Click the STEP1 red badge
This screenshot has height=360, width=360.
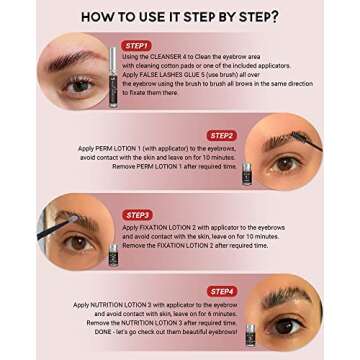coord(136,46)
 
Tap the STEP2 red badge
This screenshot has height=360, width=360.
coord(222,135)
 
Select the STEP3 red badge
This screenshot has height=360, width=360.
coord(138,214)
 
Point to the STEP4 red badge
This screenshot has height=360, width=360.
coord(221,291)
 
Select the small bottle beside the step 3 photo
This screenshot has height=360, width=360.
coord(113,252)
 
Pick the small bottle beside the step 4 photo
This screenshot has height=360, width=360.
coord(250,331)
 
